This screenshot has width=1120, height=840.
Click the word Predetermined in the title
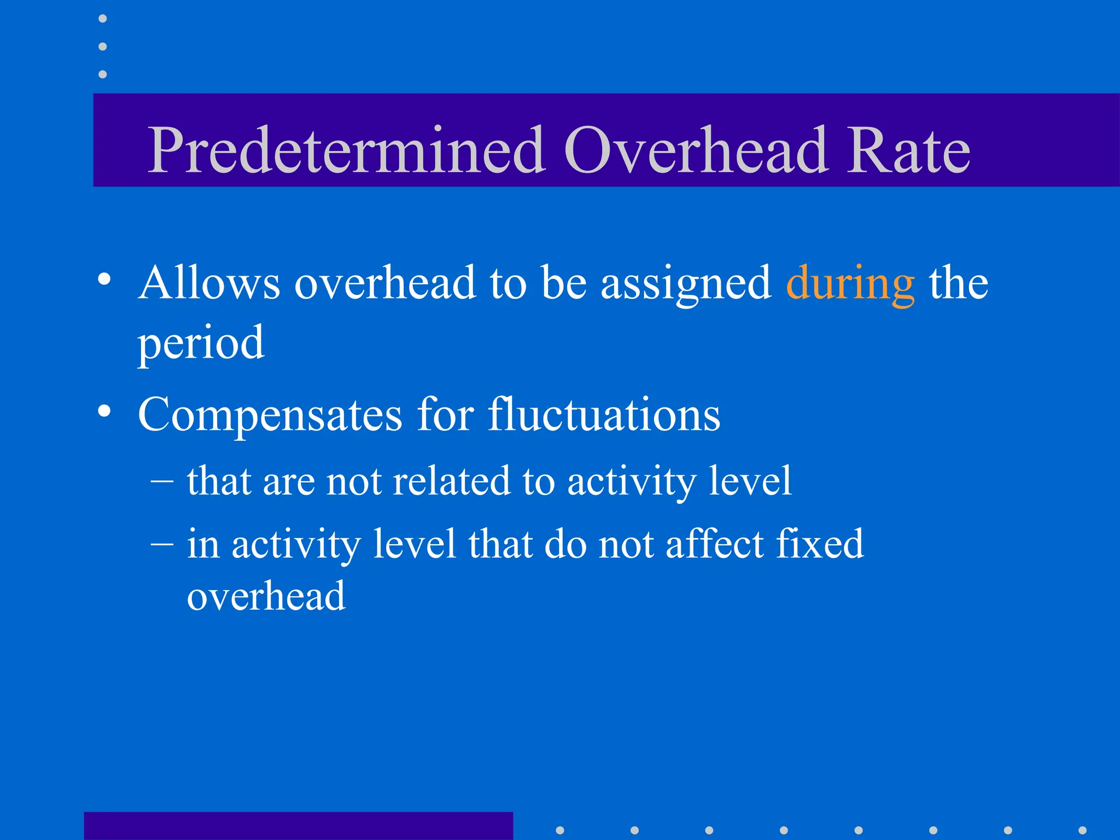pyautogui.click(x=346, y=150)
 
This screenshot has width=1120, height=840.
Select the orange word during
pyautogui.click(x=850, y=284)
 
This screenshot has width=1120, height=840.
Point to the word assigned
pyautogui.click(x=686, y=284)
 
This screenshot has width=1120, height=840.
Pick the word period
pyautogui.click(x=201, y=343)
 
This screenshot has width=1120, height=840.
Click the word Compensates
pyautogui.click(x=270, y=416)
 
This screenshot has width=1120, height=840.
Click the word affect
pyautogui.click(x=714, y=544)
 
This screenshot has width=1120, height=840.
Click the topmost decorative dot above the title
pyautogui.click(x=102, y=19)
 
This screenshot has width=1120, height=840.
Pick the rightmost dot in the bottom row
pyautogui.click(x=1082, y=830)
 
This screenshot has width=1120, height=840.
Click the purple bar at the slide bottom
pyautogui.click(x=298, y=826)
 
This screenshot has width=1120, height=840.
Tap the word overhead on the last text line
pyautogui.click(x=266, y=596)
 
